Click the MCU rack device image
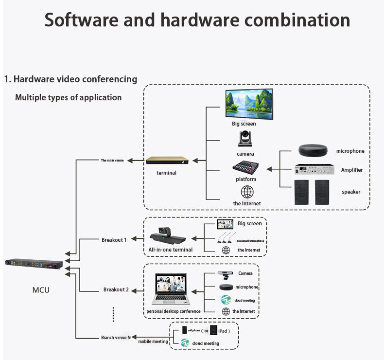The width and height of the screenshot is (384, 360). (x=34, y=265)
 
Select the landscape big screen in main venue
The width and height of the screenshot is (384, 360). (x=249, y=103)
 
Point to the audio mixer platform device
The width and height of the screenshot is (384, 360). (x=245, y=167)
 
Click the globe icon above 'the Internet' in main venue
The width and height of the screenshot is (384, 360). (x=247, y=192)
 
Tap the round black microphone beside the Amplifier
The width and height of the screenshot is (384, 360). (x=311, y=150)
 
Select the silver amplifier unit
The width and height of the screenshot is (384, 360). (x=311, y=170)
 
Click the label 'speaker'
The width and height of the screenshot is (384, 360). (x=351, y=192)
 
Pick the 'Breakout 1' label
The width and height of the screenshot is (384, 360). (x=114, y=240)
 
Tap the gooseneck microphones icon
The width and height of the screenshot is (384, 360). (x=225, y=238)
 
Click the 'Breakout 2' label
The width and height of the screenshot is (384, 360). (x=116, y=290)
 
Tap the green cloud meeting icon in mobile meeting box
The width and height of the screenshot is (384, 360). (x=185, y=343)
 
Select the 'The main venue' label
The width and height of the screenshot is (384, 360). (x=112, y=160)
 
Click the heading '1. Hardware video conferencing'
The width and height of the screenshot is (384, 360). (x=70, y=79)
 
